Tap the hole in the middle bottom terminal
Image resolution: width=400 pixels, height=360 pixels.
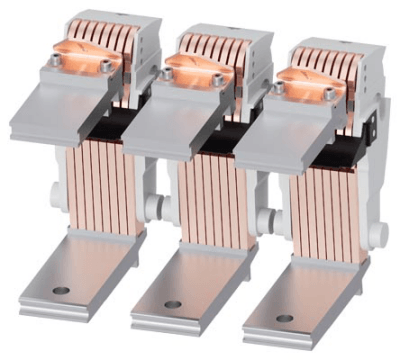[172, 303]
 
